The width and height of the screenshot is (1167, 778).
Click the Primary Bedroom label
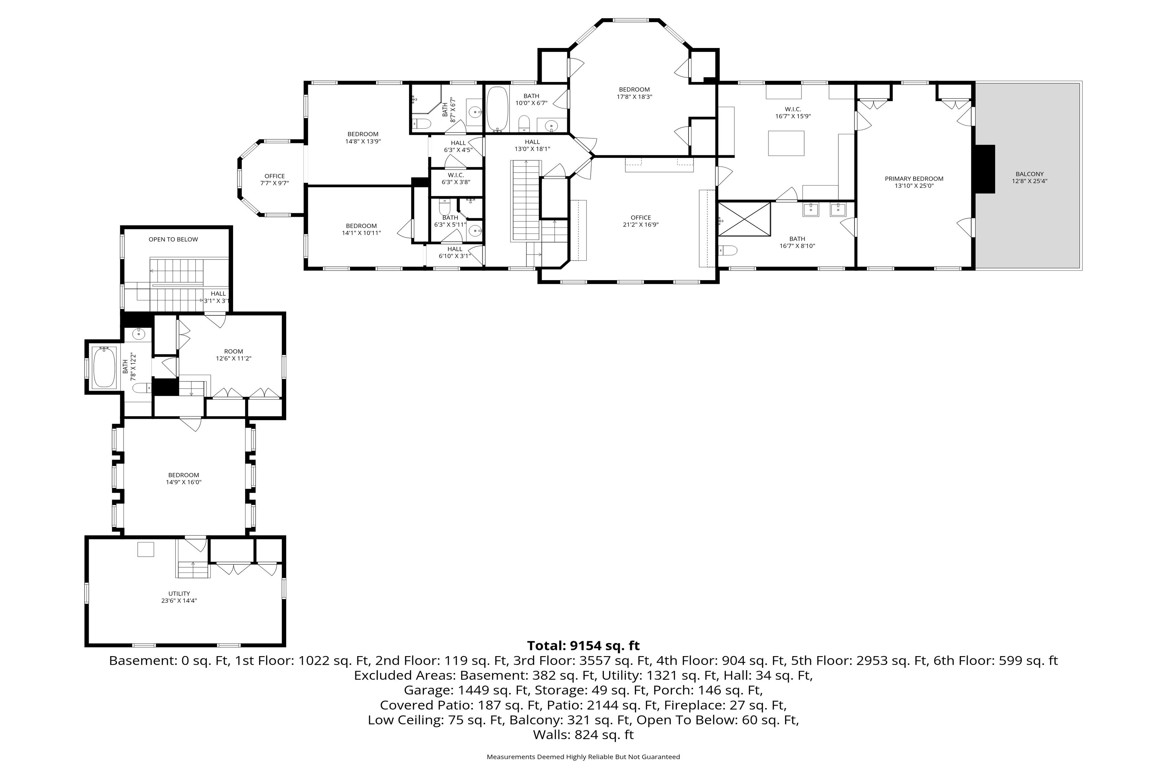[x=914, y=179]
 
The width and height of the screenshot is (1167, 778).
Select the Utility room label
[x=179, y=594]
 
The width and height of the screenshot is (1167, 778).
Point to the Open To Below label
[x=173, y=239]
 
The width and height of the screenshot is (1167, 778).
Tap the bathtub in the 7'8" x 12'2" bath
[x=104, y=367]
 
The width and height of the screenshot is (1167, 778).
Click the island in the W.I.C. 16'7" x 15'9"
[x=786, y=143]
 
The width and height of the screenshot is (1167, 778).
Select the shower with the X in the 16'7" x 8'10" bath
[x=744, y=219]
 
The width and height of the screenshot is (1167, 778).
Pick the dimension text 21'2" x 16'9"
[x=641, y=224]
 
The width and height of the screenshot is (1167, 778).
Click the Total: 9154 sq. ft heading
[x=583, y=645]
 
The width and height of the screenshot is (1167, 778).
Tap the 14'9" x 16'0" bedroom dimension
[x=183, y=482]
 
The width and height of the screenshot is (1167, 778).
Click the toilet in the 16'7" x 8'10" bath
[x=727, y=251]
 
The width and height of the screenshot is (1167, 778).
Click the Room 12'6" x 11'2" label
[x=234, y=355]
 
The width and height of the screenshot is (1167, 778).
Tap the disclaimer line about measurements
[x=583, y=757]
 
